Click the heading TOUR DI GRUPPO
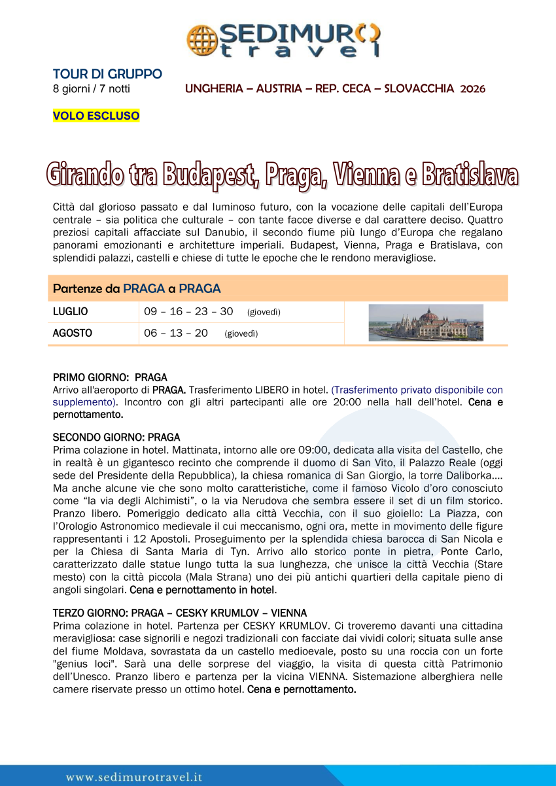point(107,74)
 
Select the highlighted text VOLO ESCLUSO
point(96,116)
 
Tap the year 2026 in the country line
point(472,88)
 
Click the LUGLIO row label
point(70,312)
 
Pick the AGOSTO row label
point(72,333)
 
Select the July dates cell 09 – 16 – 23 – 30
point(188,312)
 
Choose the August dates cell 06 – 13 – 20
point(176,333)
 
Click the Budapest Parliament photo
point(426,322)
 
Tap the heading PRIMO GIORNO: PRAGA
point(110,377)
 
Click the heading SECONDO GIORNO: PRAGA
point(116,437)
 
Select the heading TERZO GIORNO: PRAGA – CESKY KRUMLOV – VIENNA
point(180,613)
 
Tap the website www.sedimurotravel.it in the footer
point(134,777)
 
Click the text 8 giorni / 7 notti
point(91,88)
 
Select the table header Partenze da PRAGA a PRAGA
point(137,288)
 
